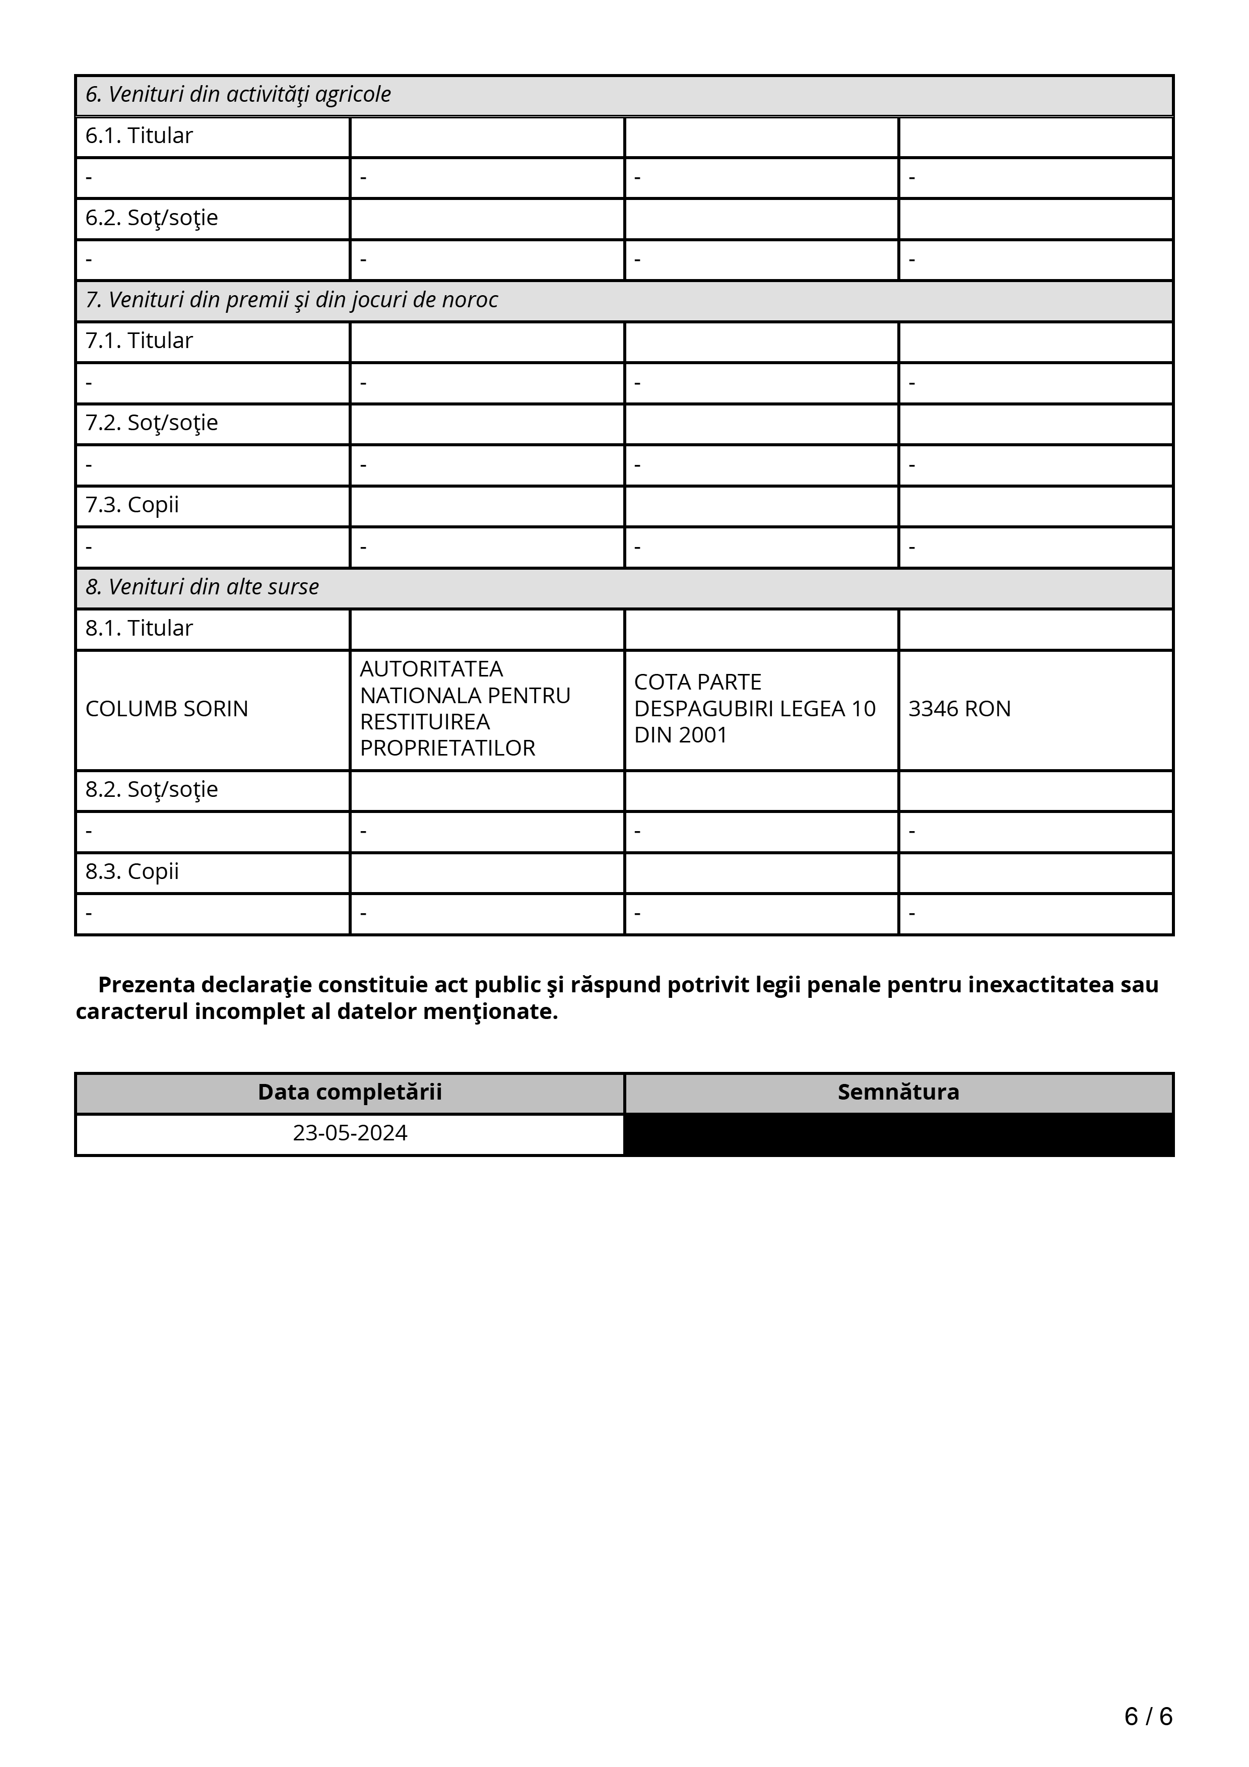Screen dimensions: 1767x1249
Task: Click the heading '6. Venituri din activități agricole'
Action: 238,95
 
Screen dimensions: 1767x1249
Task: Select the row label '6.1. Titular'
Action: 139,136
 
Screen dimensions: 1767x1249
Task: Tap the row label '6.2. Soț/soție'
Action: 152,219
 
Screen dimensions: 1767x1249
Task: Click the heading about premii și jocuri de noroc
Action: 292,300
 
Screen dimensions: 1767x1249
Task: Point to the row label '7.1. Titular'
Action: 139,341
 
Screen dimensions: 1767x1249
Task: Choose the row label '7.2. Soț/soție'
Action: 152,423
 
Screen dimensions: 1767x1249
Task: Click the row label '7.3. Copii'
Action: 133,506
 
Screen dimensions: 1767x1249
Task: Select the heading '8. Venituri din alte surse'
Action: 203,587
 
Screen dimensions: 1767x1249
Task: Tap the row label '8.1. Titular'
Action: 139,629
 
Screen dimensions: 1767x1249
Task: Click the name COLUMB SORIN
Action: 167,709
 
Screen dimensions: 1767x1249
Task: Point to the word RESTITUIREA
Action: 425,722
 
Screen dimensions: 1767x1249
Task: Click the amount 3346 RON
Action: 959,709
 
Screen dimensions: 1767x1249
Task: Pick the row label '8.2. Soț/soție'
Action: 152,790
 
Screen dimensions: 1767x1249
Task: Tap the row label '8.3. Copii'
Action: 133,872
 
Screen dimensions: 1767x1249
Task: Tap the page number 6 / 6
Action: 1148,1716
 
